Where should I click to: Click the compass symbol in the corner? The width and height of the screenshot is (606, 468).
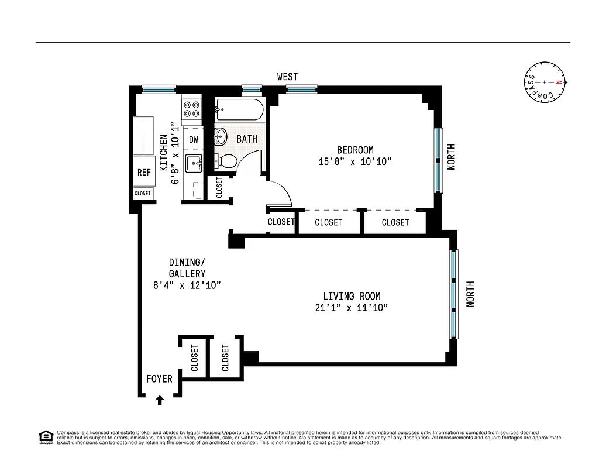tap(544, 83)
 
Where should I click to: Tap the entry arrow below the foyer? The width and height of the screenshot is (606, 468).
tap(160, 400)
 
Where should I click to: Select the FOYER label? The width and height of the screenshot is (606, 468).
tap(159, 379)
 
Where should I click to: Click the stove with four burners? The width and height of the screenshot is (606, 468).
tap(191, 108)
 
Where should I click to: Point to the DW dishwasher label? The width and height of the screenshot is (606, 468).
tap(193, 140)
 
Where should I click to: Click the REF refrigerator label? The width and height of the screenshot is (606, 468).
tap(143, 173)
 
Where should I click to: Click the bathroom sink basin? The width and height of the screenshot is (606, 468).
tap(220, 137)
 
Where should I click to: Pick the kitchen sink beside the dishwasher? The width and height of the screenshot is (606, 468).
tap(192, 163)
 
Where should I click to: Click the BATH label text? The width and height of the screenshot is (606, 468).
tap(247, 139)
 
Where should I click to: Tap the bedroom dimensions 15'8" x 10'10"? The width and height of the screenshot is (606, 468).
tap(355, 161)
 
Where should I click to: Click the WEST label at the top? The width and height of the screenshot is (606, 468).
tap(287, 77)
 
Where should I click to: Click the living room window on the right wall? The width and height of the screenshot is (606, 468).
tap(453, 294)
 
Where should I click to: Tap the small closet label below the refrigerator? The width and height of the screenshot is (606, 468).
tap(142, 193)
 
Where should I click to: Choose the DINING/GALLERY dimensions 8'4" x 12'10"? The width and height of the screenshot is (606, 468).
tap(186, 285)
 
